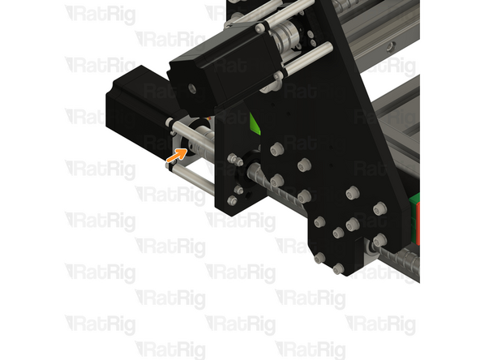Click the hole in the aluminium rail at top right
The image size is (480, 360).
(390, 47)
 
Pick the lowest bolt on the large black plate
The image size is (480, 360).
(338, 268)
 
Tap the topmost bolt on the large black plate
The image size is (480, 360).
(276, 149)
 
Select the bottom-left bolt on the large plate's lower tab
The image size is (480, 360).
(319, 258)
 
